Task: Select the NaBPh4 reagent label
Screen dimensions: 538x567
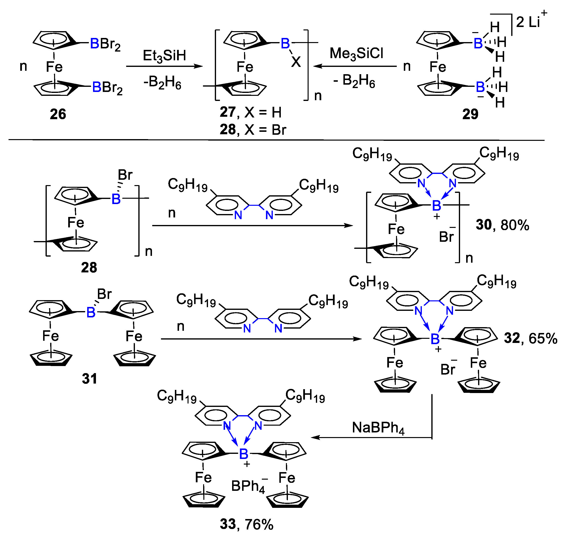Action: click(x=378, y=428)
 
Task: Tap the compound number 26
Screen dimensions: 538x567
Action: click(x=58, y=114)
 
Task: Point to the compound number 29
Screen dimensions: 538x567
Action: click(x=470, y=114)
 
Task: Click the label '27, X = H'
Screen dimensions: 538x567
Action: click(x=250, y=112)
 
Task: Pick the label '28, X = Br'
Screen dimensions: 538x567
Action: click(x=253, y=130)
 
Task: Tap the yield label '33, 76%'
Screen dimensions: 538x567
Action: click(x=246, y=524)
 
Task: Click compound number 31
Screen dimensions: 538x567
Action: click(x=89, y=378)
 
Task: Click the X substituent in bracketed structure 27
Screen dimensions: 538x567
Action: click(x=296, y=62)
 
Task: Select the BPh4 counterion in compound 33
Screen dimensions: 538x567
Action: click(x=249, y=486)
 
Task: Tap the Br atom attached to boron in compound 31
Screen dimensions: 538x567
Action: click(x=104, y=294)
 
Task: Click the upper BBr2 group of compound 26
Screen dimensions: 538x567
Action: click(x=105, y=45)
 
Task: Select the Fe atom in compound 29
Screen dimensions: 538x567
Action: click(x=437, y=67)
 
